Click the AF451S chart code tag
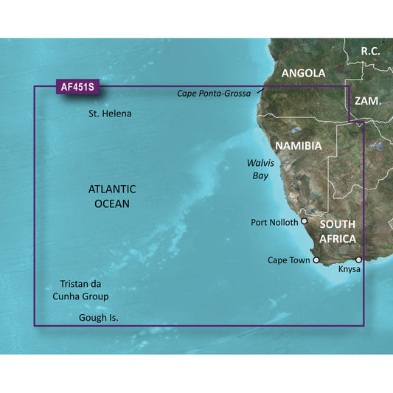(x=78, y=87)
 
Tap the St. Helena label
(x=110, y=114)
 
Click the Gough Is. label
(x=98, y=318)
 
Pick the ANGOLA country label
(x=303, y=74)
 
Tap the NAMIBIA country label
(x=298, y=146)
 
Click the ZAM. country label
(x=367, y=100)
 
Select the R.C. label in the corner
(x=373, y=51)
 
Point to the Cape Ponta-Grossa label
(x=214, y=94)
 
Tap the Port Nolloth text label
(x=274, y=222)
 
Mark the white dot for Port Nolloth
(x=305, y=221)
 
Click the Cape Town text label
(x=288, y=260)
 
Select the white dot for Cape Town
(x=317, y=260)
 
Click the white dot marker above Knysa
(x=358, y=260)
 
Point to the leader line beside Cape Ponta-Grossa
(x=260, y=90)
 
